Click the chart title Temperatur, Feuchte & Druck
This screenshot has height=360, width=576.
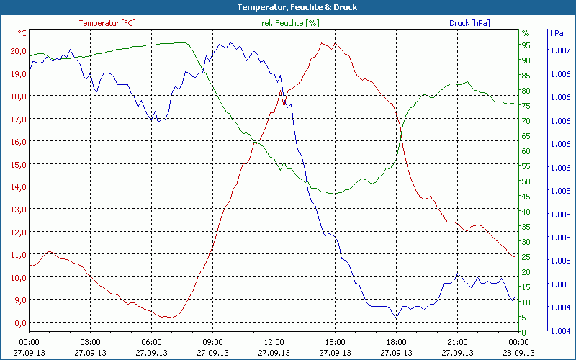pyautogui.click(x=287, y=7)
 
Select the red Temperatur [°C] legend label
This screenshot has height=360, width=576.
pyautogui.click(x=107, y=23)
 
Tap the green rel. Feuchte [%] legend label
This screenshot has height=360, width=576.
pyautogui.click(x=289, y=23)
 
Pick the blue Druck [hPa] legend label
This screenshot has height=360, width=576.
pyautogui.click(x=469, y=23)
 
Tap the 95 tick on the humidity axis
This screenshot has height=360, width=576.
pyautogui.click(x=526, y=45)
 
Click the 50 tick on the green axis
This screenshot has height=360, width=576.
pyautogui.click(x=526, y=181)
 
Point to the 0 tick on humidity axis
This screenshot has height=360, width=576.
pyautogui.click(x=523, y=332)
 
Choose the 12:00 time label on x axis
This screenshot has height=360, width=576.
pyautogui.click(x=274, y=342)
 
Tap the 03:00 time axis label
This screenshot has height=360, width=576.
pyautogui.click(x=90, y=342)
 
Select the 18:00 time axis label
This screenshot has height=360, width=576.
pyautogui.click(x=396, y=342)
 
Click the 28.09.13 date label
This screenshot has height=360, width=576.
pyautogui.click(x=518, y=353)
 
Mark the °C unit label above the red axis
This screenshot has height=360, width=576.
pyautogui.click(x=22, y=33)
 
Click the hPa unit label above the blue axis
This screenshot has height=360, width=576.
pyautogui.click(x=557, y=33)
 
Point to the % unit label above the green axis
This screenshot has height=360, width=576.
pyautogui.click(x=525, y=33)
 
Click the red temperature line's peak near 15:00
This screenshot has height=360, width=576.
pyautogui.click(x=323, y=43)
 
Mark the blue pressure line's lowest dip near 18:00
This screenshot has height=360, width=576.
pyautogui.click(x=395, y=318)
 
